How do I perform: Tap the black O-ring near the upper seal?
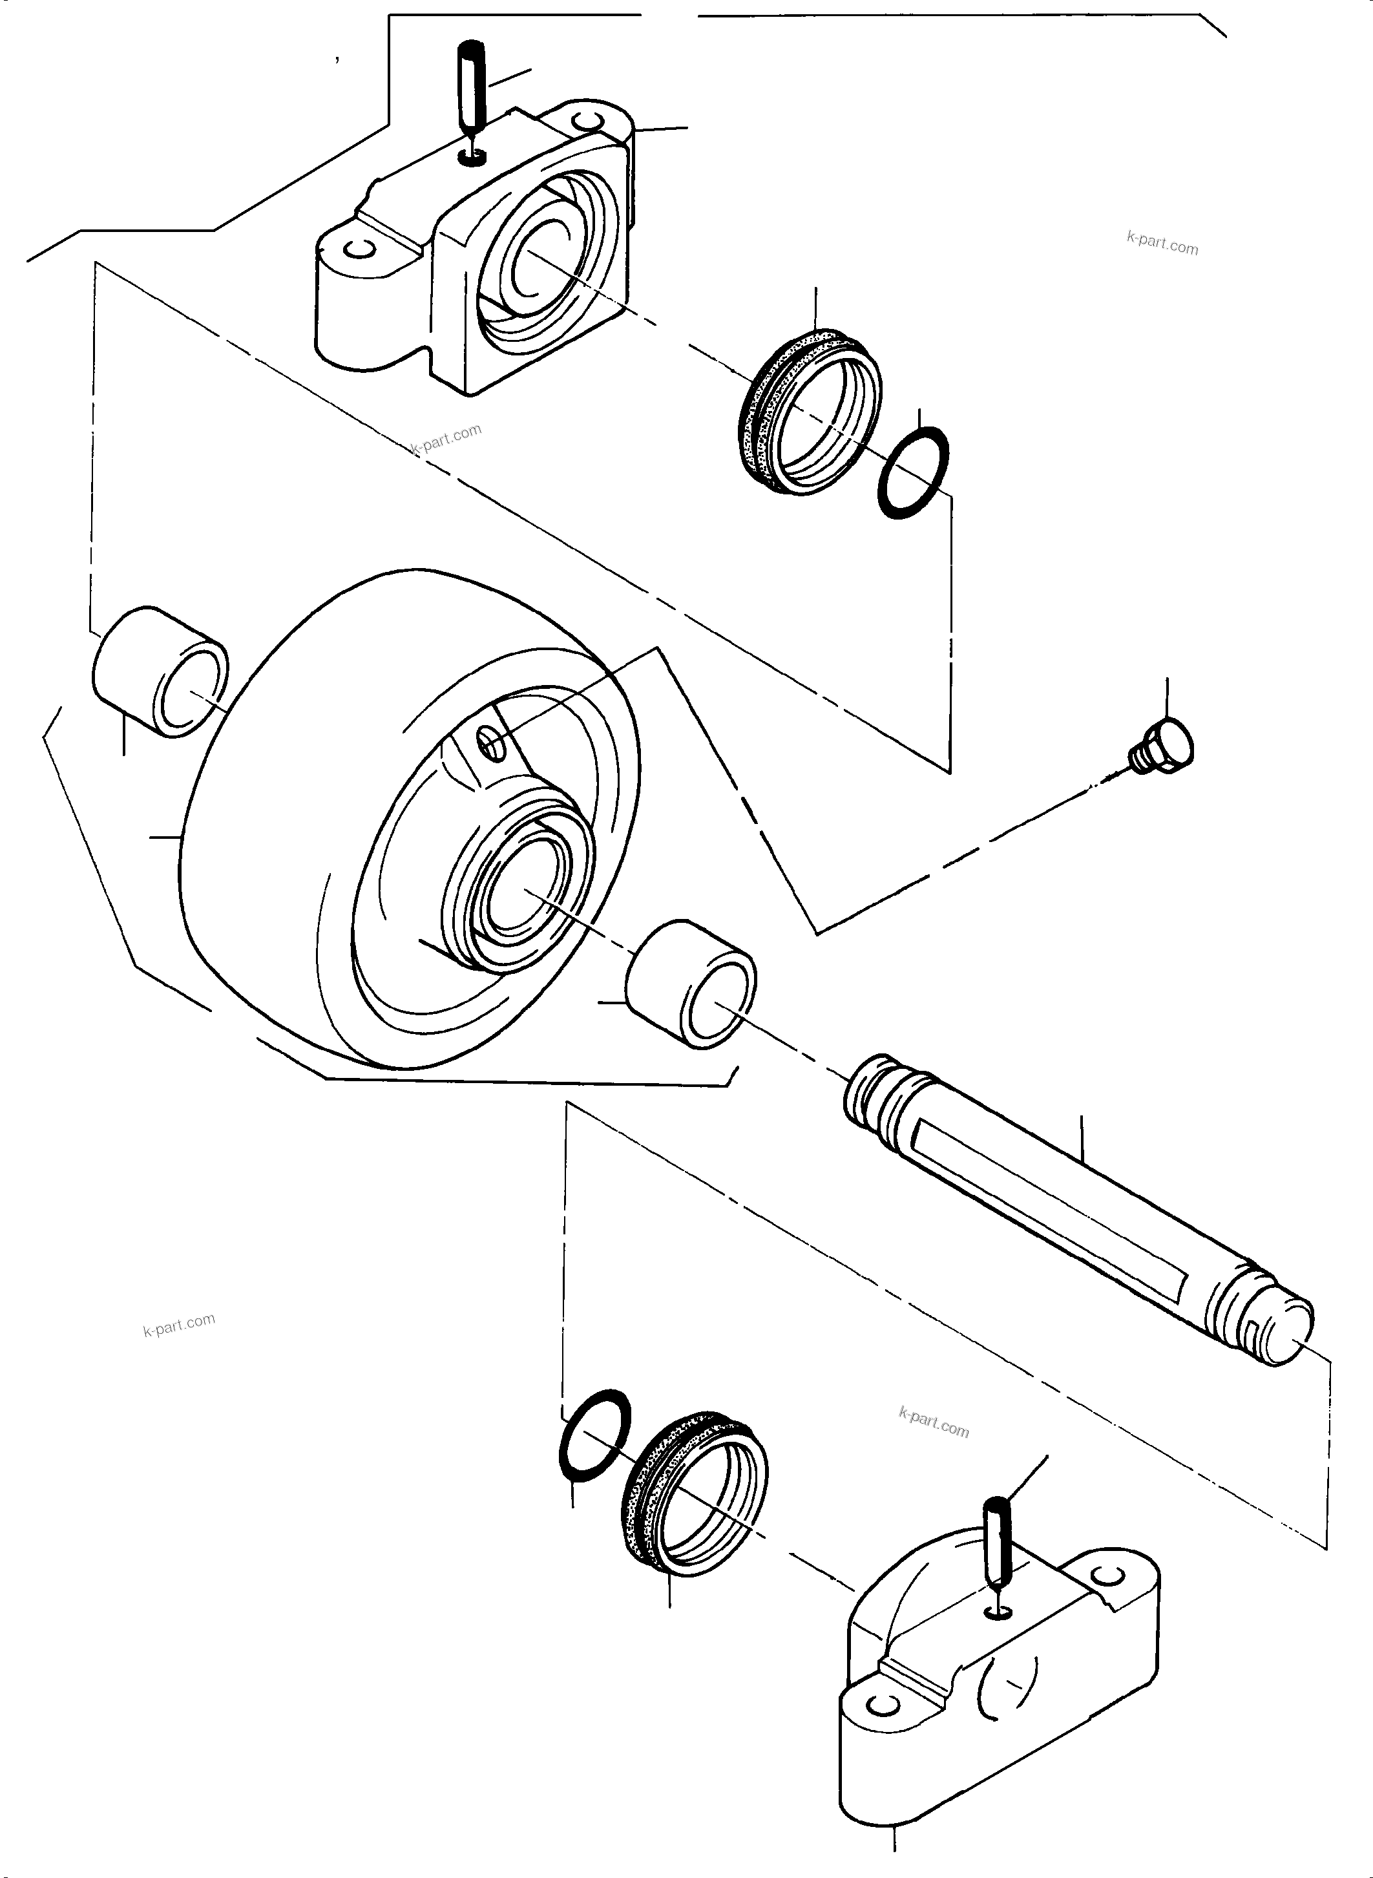point(912,473)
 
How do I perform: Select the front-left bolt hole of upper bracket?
point(360,249)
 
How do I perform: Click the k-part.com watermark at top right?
point(1162,244)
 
